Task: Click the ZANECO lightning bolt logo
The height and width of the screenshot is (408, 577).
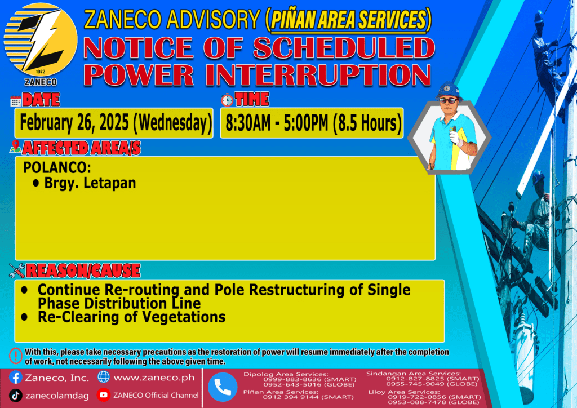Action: [x=41, y=40]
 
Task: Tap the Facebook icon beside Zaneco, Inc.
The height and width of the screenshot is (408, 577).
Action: [x=15, y=378]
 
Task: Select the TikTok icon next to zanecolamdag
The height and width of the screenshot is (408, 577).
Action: [x=15, y=396]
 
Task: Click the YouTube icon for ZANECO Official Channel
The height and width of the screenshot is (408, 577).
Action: [x=104, y=395]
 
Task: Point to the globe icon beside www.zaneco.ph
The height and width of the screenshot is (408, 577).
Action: [x=104, y=377]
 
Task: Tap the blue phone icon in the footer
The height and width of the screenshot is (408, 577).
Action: [x=223, y=387]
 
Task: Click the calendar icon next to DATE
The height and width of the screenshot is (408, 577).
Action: [x=15, y=101]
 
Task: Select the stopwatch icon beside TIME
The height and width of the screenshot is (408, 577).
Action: [x=227, y=100]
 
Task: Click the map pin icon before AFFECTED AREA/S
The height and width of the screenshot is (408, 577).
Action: [x=15, y=147]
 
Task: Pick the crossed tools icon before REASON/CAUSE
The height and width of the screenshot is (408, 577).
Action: [x=17, y=270]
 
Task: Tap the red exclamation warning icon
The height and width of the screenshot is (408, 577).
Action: [x=15, y=356]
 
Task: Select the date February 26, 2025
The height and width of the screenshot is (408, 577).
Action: [x=74, y=123]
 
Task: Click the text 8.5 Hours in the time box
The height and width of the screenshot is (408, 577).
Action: [x=367, y=123]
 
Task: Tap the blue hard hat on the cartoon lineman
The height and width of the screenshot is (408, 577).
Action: [x=448, y=90]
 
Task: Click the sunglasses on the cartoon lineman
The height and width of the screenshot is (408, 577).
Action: [x=449, y=100]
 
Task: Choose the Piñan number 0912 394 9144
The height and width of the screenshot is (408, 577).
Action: [x=291, y=397]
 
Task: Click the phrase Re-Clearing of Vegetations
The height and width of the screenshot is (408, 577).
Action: [x=131, y=317]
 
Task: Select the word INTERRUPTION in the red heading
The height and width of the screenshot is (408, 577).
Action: [x=318, y=75]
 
